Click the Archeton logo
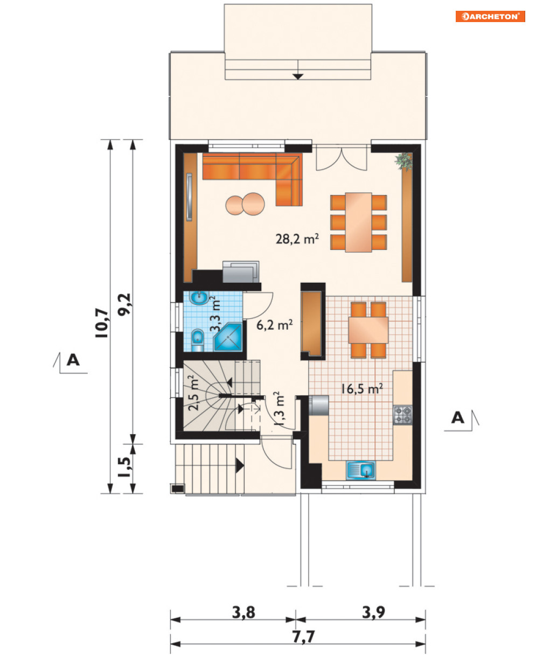(x=490, y=16)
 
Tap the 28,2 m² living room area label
(x=297, y=239)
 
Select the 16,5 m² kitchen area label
(x=361, y=389)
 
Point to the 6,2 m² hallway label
(x=274, y=325)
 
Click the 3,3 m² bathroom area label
(x=215, y=314)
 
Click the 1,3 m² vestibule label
(x=279, y=409)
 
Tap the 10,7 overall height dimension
(x=102, y=323)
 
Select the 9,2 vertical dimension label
(x=125, y=304)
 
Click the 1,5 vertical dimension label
(x=125, y=467)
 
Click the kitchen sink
(x=361, y=470)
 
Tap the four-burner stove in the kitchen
(x=403, y=415)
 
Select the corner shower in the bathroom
(x=228, y=338)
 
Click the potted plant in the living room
(x=404, y=162)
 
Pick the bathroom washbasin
(x=199, y=298)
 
